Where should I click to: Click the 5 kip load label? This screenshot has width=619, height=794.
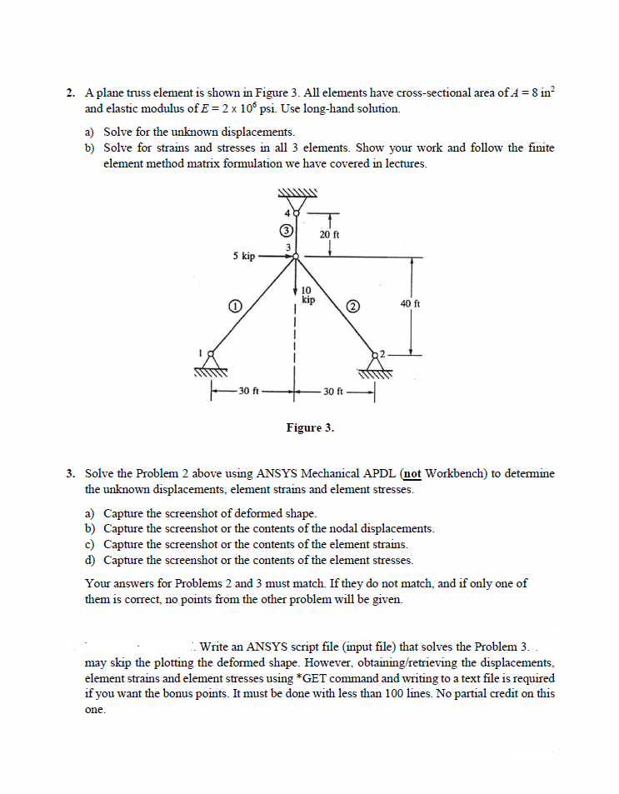(x=243, y=257)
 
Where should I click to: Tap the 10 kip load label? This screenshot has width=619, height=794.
(x=307, y=295)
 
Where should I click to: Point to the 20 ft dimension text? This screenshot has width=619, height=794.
(x=329, y=235)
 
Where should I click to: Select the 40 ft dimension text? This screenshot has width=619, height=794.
(x=411, y=304)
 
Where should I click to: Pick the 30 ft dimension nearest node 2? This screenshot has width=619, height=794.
(x=332, y=391)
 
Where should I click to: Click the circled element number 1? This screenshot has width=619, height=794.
(x=236, y=307)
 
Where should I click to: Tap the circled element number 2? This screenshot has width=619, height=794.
(x=352, y=307)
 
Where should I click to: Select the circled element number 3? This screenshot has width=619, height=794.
(x=286, y=229)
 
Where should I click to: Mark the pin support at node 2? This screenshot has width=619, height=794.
(x=373, y=364)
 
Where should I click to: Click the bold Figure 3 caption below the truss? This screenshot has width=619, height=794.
(x=310, y=427)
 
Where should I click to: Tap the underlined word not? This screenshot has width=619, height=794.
(x=412, y=473)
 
